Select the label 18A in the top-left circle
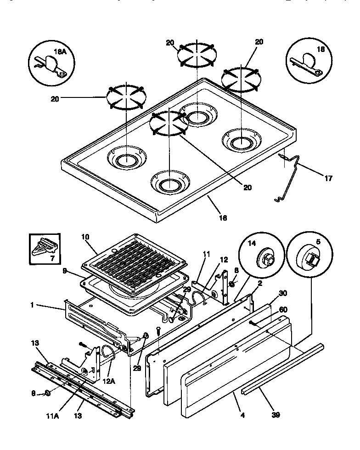(x=61, y=53)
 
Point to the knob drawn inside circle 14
(x=265, y=258)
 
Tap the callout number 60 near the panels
(x=283, y=310)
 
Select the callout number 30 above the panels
(x=282, y=294)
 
